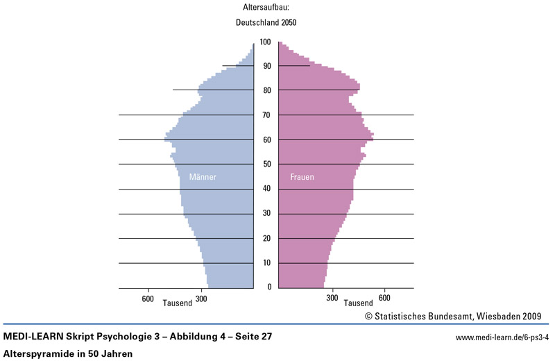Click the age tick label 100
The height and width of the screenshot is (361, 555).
(x=266, y=42)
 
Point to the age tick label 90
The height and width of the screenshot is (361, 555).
(x=266, y=66)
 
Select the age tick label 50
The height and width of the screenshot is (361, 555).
(x=266, y=165)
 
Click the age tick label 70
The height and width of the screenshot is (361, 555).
(x=266, y=115)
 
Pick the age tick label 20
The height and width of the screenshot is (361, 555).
(x=266, y=239)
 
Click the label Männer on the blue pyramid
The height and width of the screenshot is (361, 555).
(x=203, y=178)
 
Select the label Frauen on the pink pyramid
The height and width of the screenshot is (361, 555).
(x=302, y=178)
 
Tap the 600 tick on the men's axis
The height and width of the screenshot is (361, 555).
(x=148, y=299)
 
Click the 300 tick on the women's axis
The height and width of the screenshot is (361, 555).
(x=332, y=299)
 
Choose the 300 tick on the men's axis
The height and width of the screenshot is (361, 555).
(x=201, y=299)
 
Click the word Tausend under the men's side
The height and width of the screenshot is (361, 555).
(x=177, y=303)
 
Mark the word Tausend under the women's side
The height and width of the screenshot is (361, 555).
(x=358, y=303)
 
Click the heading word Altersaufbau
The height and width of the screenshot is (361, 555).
(x=266, y=8)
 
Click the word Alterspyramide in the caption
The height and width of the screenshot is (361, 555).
(x=40, y=353)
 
